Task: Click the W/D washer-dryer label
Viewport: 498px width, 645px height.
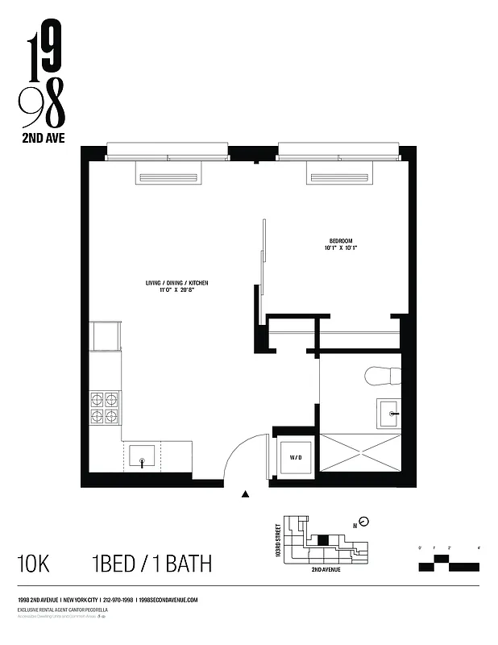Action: pos(296,458)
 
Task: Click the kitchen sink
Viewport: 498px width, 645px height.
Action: pos(143,458)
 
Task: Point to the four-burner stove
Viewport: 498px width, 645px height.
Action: pos(105,407)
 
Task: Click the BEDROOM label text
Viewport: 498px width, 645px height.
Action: pos(342,239)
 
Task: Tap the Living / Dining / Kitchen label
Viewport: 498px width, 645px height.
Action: pos(176,282)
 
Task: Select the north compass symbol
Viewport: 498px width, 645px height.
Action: pos(363,520)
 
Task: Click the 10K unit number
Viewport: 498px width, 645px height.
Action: pos(33,563)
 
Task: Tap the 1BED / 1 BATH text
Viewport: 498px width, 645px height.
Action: pos(141,563)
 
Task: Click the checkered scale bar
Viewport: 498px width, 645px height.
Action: pos(449,563)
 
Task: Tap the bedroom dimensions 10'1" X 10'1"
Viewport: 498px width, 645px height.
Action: pos(342,248)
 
